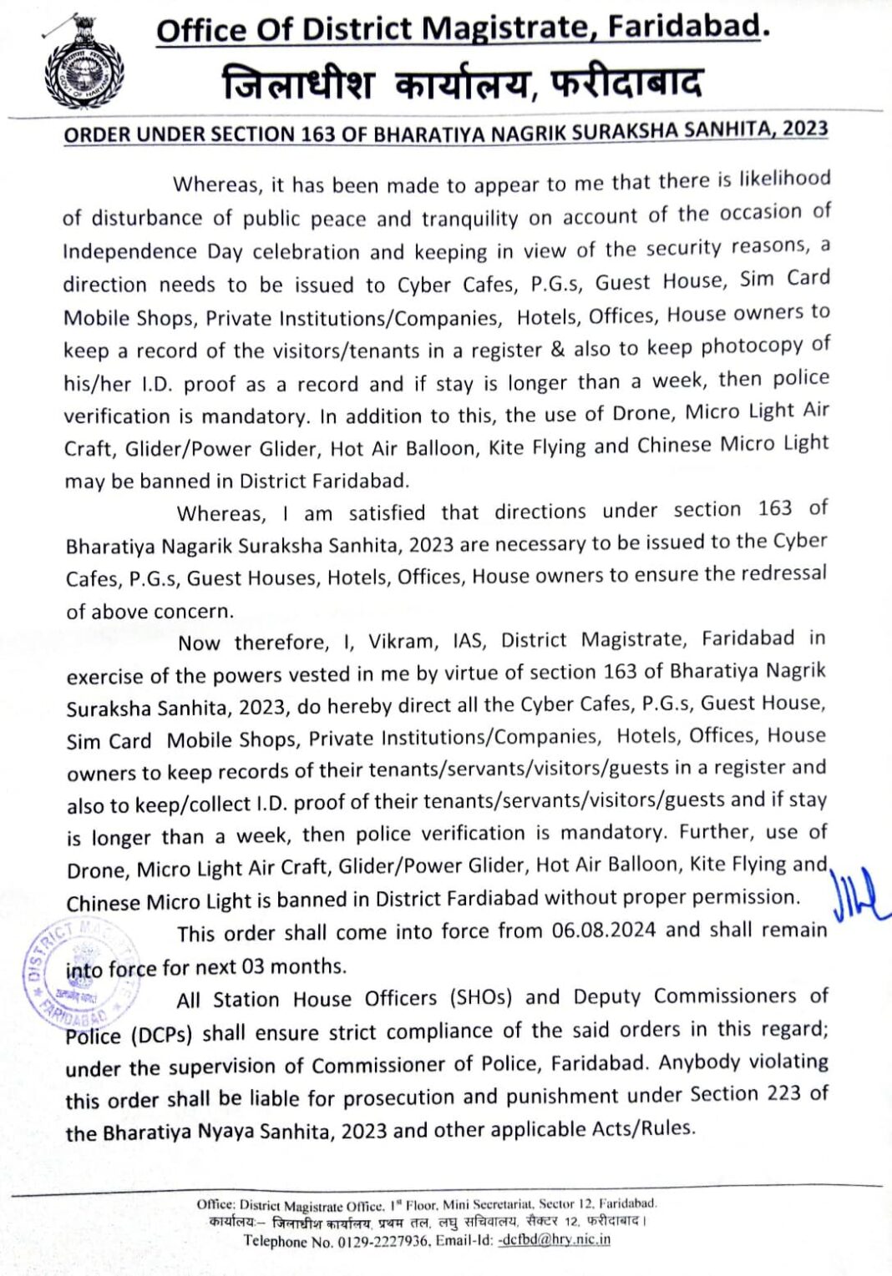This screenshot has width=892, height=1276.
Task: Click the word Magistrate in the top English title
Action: pos(496,28)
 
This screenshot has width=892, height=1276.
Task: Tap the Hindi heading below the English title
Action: pos(462,84)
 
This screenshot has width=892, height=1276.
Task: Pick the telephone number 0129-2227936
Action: pos(382,1241)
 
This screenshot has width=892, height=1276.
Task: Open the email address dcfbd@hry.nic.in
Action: pos(554,1240)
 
